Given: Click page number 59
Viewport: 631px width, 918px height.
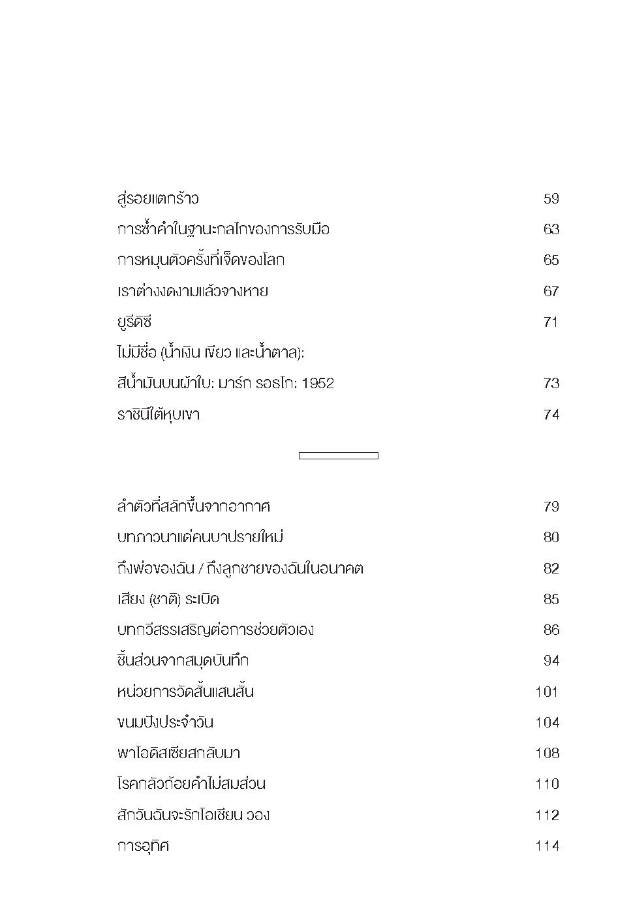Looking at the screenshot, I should (x=551, y=199).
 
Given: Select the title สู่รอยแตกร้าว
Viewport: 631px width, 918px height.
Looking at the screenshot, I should (x=157, y=198).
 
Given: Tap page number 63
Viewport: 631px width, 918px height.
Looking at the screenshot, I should (x=551, y=230).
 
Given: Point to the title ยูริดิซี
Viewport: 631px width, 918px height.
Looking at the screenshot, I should (x=134, y=322).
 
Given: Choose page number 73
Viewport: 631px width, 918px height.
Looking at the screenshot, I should (x=551, y=384).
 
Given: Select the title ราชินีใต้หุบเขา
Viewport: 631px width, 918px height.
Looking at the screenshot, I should (x=158, y=414).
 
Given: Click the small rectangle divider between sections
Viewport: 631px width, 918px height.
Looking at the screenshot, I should (x=338, y=456).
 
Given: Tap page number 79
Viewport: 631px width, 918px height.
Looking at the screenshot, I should (x=551, y=507).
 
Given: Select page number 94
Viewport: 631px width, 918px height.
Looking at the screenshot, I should (x=551, y=661).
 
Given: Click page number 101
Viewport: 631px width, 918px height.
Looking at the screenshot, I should (x=547, y=692).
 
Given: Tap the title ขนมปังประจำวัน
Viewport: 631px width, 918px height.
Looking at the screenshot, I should (x=165, y=723).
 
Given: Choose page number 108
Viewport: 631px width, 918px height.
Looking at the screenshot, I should (x=547, y=754).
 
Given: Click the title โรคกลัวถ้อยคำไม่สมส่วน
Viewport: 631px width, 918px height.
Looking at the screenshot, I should (x=191, y=784).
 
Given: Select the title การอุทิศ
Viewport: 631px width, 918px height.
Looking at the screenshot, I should (x=143, y=846).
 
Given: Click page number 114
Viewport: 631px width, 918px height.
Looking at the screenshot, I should (x=547, y=846).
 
